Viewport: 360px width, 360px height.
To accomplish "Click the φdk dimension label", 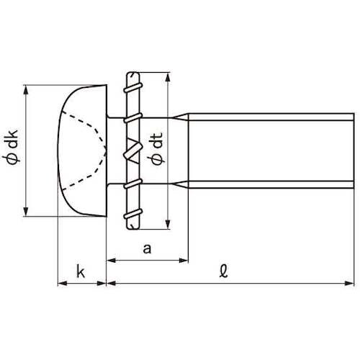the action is (x=12, y=147).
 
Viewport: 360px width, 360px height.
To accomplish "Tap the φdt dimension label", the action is (x=156, y=149).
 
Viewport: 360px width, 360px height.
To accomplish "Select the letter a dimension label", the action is (x=147, y=249).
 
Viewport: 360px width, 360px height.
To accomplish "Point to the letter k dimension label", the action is (x=81, y=271).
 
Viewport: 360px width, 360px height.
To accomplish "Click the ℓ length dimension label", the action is (x=223, y=271).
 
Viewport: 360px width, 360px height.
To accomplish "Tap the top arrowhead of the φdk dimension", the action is (x=26, y=90).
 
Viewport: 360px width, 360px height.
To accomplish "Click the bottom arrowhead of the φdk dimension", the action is (x=26, y=212).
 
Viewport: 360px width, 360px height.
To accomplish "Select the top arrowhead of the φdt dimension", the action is (x=168, y=77).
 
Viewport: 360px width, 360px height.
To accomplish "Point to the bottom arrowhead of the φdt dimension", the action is (x=168, y=224).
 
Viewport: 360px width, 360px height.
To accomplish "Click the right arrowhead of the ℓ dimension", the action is (x=349, y=284).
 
